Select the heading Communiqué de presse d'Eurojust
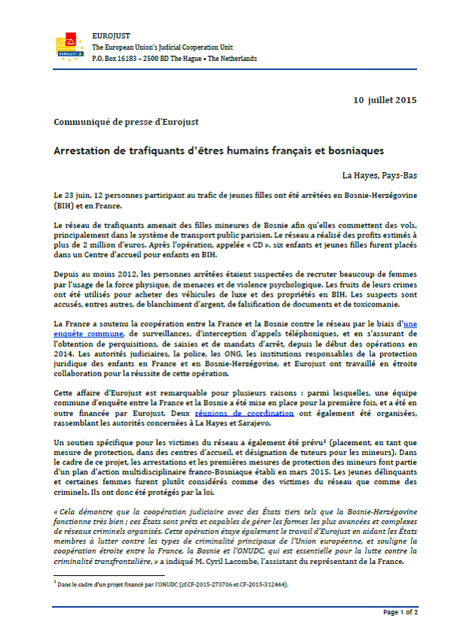click(x=126, y=122)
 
